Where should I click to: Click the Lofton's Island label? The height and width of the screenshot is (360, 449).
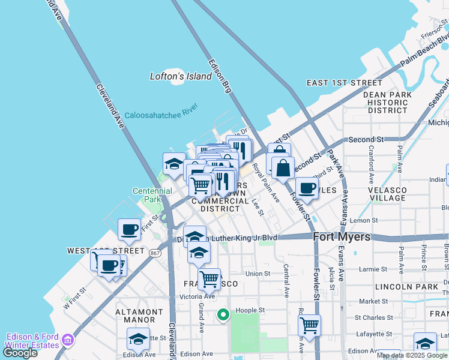pyautogui.click(x=180, y=76)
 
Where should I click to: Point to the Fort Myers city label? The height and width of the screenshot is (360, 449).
pyautogui.click(x=342, y=237)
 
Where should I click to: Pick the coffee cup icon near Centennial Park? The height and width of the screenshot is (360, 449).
pyautogui.click(x=129, y=229)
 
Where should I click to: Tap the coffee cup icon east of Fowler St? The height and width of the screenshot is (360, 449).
pyautogui.click(x=306, y=187)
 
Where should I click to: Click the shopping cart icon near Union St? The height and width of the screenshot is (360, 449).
pyautogui.click(x=209, y=278)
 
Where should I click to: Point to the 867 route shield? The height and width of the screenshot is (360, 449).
pyautogui.click(x=155, y=245)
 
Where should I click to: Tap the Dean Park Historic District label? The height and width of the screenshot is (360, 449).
pyautogui.click(x=387, y=103)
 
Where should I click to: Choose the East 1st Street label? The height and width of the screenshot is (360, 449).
pyautogui.click(x=344, y=82)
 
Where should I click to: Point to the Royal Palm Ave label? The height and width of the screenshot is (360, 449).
pyautogui.click(x=265, y=182)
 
